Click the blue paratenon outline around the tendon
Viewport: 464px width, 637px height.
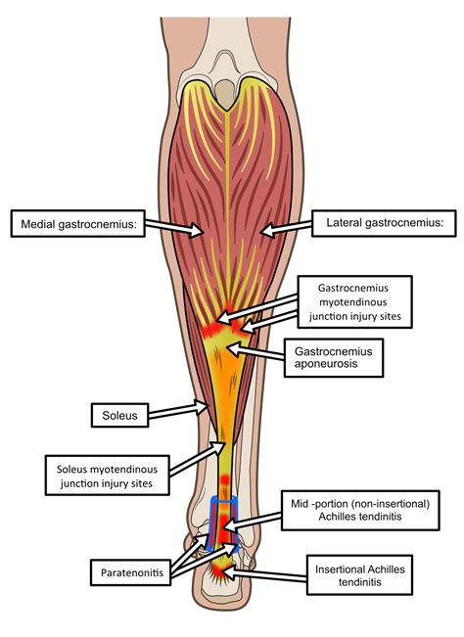pos(212,519)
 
